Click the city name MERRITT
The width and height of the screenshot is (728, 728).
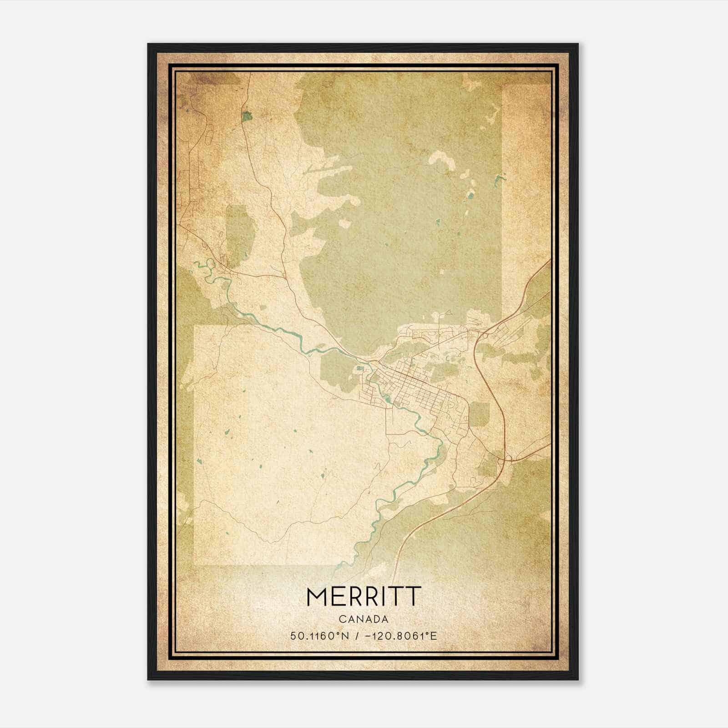(x=363, y=596)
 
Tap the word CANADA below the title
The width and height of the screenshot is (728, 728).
(x=363, y=619)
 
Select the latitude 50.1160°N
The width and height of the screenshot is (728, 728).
(x=319, y=636)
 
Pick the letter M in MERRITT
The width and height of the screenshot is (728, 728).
(x=317, y=596)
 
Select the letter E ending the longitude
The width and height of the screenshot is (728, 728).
(x=434, y=636)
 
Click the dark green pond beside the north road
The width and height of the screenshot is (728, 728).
(x=247, y=116)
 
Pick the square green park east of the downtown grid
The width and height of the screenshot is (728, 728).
(x=479, y=414)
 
